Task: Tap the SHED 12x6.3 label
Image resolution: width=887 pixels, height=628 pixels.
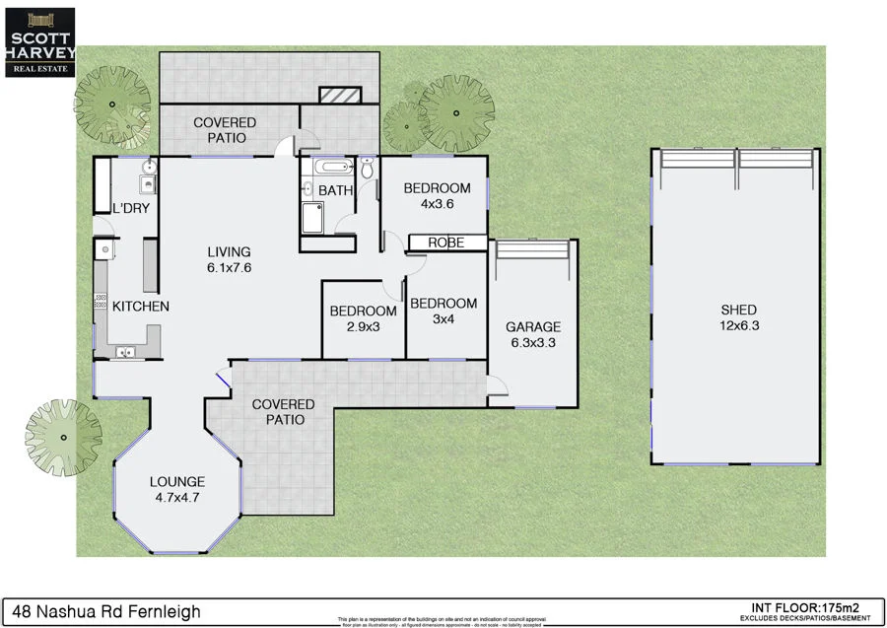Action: click(738, 317)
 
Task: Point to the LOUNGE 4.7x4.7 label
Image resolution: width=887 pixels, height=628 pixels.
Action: click(176, 490)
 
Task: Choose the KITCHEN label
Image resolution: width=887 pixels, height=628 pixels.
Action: click(140, 307)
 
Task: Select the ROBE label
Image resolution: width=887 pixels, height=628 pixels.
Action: click(445, 243)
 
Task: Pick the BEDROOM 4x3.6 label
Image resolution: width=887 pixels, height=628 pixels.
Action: click(437, 196)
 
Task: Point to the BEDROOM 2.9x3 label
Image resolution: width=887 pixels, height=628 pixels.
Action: click(363, 318)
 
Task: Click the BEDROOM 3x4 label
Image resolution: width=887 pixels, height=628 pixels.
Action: click(443, 312)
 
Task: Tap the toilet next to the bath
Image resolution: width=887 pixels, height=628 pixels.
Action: click(368, 170)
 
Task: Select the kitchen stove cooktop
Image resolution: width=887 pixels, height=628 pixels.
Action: click(101, 303)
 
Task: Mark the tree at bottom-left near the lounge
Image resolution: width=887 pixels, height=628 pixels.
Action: click(63, 435)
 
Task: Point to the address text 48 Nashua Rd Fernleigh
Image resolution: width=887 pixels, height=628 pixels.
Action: click(103, 612)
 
